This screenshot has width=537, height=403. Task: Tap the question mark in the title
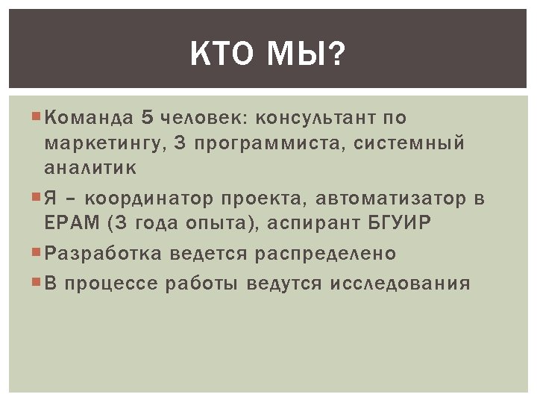point(339,54)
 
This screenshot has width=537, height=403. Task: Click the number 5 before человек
point(148,117)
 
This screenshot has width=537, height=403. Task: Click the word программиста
point(262,143)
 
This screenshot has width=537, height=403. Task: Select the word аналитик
point(90,168)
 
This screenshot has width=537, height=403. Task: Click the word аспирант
point(312,223)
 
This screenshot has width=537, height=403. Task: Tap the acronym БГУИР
point(400,223)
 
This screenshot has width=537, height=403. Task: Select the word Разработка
point(103,254)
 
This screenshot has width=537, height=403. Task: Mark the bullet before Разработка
point(37,253)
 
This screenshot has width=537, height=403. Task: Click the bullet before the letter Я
point(37,198)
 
